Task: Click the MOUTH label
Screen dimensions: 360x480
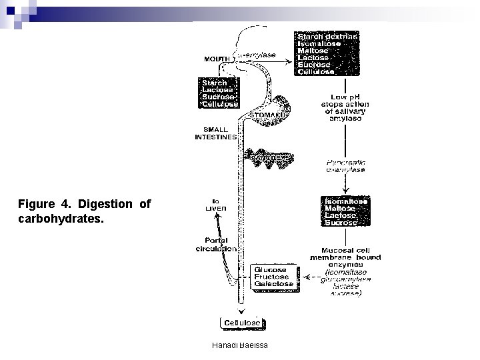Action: point(217,59)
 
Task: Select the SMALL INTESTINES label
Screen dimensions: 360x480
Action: point(215,133)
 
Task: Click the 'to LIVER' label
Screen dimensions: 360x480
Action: point(215,204)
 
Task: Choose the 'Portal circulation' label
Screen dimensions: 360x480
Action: point(215,245)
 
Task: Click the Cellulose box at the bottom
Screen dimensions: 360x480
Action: point(242,323)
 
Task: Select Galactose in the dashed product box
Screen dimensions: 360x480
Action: point(272,285)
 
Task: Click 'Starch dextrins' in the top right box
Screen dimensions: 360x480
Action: point(327,36)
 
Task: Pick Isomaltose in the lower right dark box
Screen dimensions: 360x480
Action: point(345,201)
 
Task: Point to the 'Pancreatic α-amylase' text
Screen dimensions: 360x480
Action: point(345,165)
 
